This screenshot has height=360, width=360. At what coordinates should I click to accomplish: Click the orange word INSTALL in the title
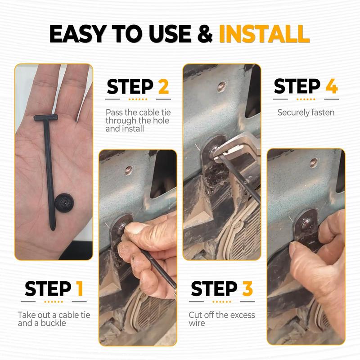(x=264, y=35)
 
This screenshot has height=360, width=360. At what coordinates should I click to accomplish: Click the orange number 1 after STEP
(x=80, y=288)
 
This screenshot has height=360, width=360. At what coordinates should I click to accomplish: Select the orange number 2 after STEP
(x=163, y=87)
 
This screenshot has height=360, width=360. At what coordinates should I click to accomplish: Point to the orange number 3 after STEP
(x=247, y=288)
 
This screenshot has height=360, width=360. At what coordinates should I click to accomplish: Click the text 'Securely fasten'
(x=306, y=112)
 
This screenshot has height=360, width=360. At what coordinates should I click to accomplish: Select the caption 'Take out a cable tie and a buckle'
(x=54, y=319)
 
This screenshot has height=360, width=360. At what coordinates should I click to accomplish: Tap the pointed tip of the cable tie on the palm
(x=53, y=228)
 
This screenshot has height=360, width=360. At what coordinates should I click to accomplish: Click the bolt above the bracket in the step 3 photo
(x=221, y=86)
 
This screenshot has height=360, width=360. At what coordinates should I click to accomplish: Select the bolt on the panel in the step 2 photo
(x=129, y=170)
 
